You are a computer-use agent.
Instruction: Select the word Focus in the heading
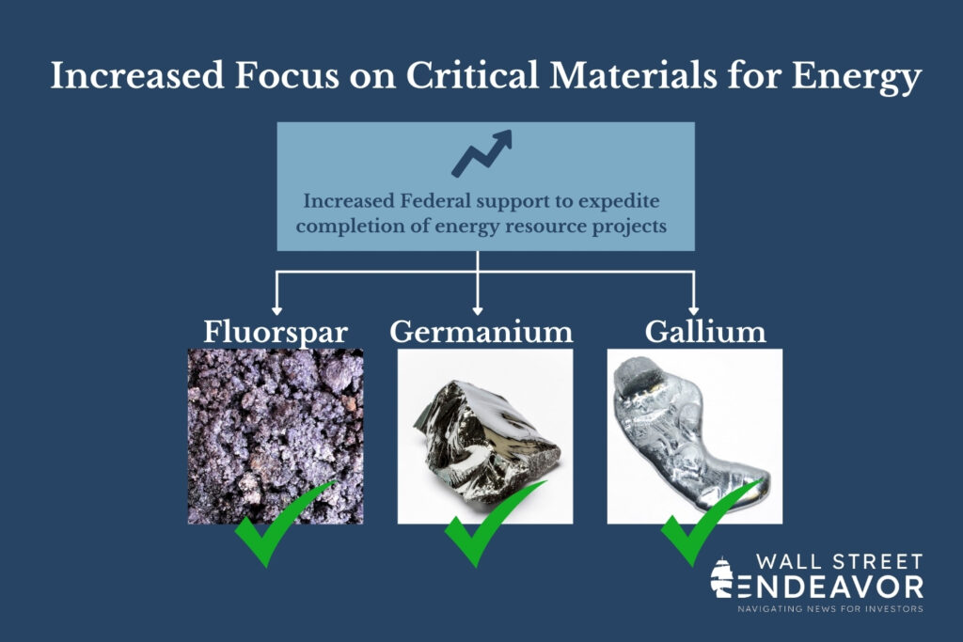[x=287, y=75]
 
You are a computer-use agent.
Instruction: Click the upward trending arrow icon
[x=482, y=153]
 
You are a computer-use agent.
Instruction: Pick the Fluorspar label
[x=276, y=332]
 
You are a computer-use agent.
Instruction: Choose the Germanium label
[x=481, y=331]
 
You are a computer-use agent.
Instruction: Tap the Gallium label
[x=705, y=331]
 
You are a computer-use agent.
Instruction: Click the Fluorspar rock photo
[x=276, y=436]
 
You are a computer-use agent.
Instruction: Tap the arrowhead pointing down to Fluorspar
[x=277, y=310]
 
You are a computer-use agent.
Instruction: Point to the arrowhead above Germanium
[x=478, y=310]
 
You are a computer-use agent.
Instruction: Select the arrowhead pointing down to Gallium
[x=693, y=310]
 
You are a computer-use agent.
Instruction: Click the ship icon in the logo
[x=721, y=577]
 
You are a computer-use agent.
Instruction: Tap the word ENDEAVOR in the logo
[x=830, y=587]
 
